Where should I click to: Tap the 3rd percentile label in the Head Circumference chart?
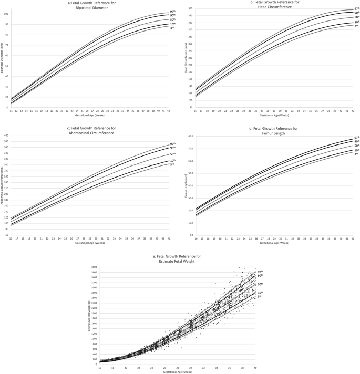pos(355,26)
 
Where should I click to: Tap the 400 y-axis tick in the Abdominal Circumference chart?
pos(6,136)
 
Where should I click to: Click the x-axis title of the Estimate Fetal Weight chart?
pos(178,370)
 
